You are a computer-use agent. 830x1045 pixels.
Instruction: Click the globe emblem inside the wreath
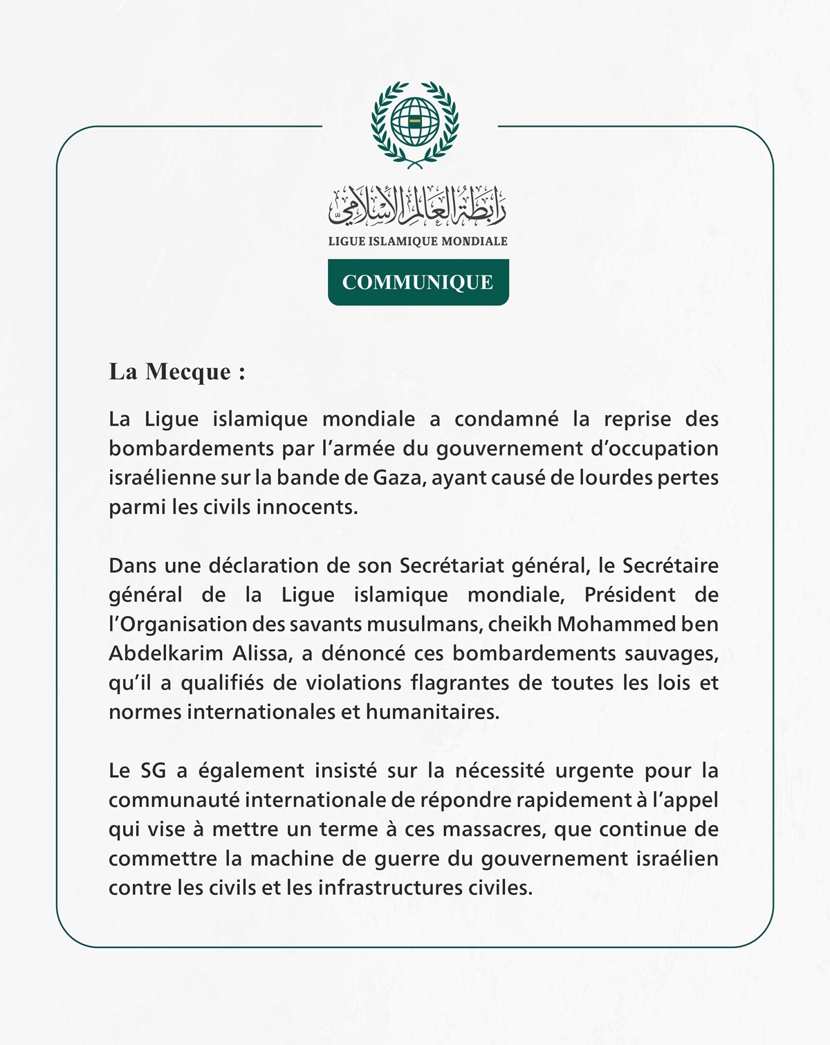[415, 121]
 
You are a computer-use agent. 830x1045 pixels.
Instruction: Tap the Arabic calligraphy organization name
[417, 206]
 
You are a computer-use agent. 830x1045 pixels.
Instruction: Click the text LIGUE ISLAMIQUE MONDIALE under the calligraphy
[418, 241]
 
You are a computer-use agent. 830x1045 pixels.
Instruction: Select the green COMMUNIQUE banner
[418, 282]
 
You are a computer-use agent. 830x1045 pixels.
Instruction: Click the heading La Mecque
[177, 372]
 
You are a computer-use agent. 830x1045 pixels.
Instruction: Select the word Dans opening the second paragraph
[133, 565]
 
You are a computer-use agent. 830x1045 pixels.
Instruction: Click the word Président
[629, 595]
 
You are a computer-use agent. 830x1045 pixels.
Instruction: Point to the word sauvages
[671, 653]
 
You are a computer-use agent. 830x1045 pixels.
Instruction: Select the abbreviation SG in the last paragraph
[154, 771]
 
